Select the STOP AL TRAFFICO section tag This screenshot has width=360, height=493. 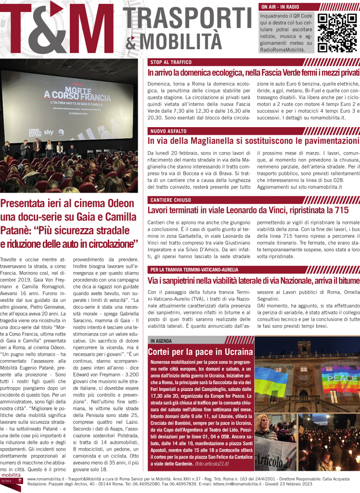(171, 63)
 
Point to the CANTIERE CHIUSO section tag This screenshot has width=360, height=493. (171, 199)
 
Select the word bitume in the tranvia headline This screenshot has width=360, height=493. (347, 266)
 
